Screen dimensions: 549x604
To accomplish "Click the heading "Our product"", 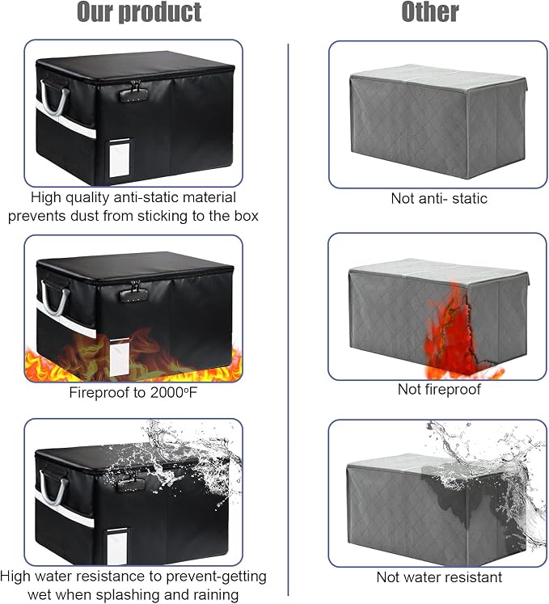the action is coord(139,12).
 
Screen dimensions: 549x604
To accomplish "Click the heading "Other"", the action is coord(430,12).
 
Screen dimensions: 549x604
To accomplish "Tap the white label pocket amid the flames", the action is coord(120,358).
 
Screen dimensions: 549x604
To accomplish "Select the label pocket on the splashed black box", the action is coord(116,547).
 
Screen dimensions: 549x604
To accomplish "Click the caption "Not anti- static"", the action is coord(439,198).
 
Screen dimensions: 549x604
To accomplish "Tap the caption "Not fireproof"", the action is coord(439,390).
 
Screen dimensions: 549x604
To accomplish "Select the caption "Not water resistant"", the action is coord(439,577).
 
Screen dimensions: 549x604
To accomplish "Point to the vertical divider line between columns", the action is coord(288,319).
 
